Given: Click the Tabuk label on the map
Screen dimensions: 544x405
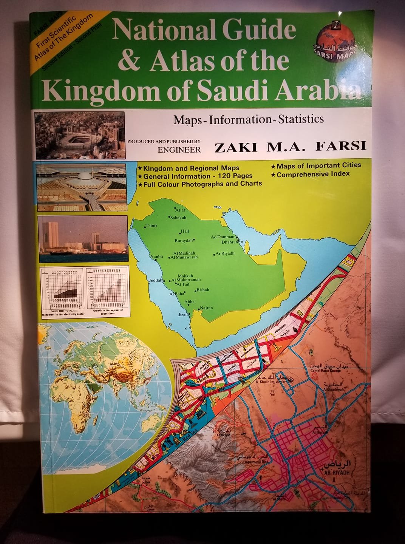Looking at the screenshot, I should pos(151,226).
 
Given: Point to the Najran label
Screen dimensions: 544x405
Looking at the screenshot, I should pos(206,308).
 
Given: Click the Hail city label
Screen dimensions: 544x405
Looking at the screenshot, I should pos(185,231).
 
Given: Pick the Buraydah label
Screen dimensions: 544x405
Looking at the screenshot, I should pos(184,240).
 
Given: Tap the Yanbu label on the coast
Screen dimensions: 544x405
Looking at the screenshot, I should pos(156,257).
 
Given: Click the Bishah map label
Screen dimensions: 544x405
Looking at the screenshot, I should pos(202,290).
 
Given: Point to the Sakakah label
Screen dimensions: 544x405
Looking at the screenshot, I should pos(178,218).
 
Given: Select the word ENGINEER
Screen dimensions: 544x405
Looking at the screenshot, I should pos(179,150).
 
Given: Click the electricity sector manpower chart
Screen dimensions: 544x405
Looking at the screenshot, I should pos(62,291).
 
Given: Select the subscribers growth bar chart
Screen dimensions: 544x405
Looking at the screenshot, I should pos(105,291).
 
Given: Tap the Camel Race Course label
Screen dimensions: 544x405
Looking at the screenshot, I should pos(325,371).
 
